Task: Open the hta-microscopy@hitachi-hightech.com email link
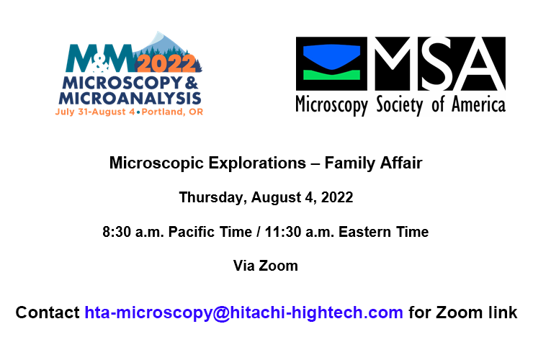(243, 313)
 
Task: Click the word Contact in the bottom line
(48, 313)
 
